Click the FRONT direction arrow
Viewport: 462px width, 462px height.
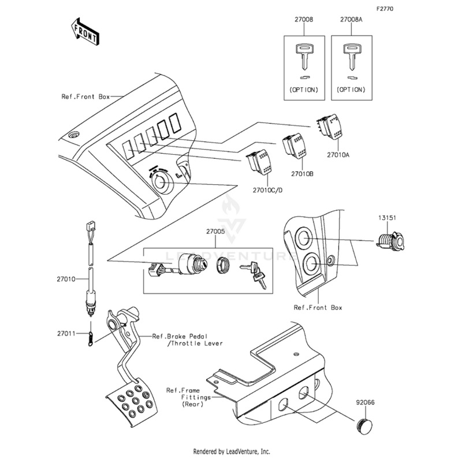pyautogui.click(x=84, y=32)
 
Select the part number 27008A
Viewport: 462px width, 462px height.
pyautogui.click(x=352, y=19)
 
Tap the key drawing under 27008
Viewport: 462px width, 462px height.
pyautogui.click(x=304, y=55)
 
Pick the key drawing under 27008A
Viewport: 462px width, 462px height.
pyautogui.click(x=351, y=55)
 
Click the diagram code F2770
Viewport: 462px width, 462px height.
pyautogui.click(x=385, y=9)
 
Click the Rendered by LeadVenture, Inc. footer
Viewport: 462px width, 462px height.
pyautogui.click(x=231, y=451)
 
